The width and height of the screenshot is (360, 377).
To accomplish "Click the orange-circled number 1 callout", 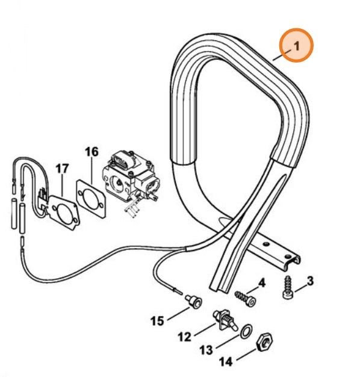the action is point(296,45).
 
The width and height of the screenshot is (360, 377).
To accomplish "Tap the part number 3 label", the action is point(310,281).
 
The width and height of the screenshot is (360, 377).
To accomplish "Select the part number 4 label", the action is point(262,283).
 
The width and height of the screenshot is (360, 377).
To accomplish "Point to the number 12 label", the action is point(185,337).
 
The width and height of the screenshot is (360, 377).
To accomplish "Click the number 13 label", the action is point(206,350).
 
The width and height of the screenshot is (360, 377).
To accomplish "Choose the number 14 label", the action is point(226,361).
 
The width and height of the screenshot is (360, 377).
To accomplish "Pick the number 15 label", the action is point(157,321).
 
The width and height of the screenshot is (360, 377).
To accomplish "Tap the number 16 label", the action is point(92,152).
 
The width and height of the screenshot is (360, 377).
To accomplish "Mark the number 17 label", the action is point(62,169).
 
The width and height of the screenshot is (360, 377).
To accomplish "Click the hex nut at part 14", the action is point(265,341).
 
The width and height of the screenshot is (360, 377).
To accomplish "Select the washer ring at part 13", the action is point(246,332).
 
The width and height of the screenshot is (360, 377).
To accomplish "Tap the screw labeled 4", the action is point(246,299).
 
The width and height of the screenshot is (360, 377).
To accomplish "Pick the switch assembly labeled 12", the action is point(225,321).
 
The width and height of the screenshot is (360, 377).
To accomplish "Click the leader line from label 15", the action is point(179,313).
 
